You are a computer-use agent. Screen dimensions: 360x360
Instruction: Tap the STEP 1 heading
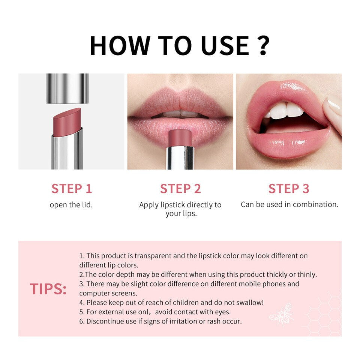(71, 189)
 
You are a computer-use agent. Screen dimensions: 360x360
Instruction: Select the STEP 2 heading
(180, 189)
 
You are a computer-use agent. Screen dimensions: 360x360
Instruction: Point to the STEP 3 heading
(289, 189)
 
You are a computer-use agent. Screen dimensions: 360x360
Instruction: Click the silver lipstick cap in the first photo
(67, 88)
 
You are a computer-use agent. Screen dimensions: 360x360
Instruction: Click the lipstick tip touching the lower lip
(180, 137)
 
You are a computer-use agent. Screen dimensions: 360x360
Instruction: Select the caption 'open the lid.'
(71, 205)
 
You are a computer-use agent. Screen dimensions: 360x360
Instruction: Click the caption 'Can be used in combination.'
(289, 204)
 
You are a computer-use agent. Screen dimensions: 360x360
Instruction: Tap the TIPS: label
(48, 289)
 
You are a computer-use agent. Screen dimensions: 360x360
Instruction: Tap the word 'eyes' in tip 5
(223, 312)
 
